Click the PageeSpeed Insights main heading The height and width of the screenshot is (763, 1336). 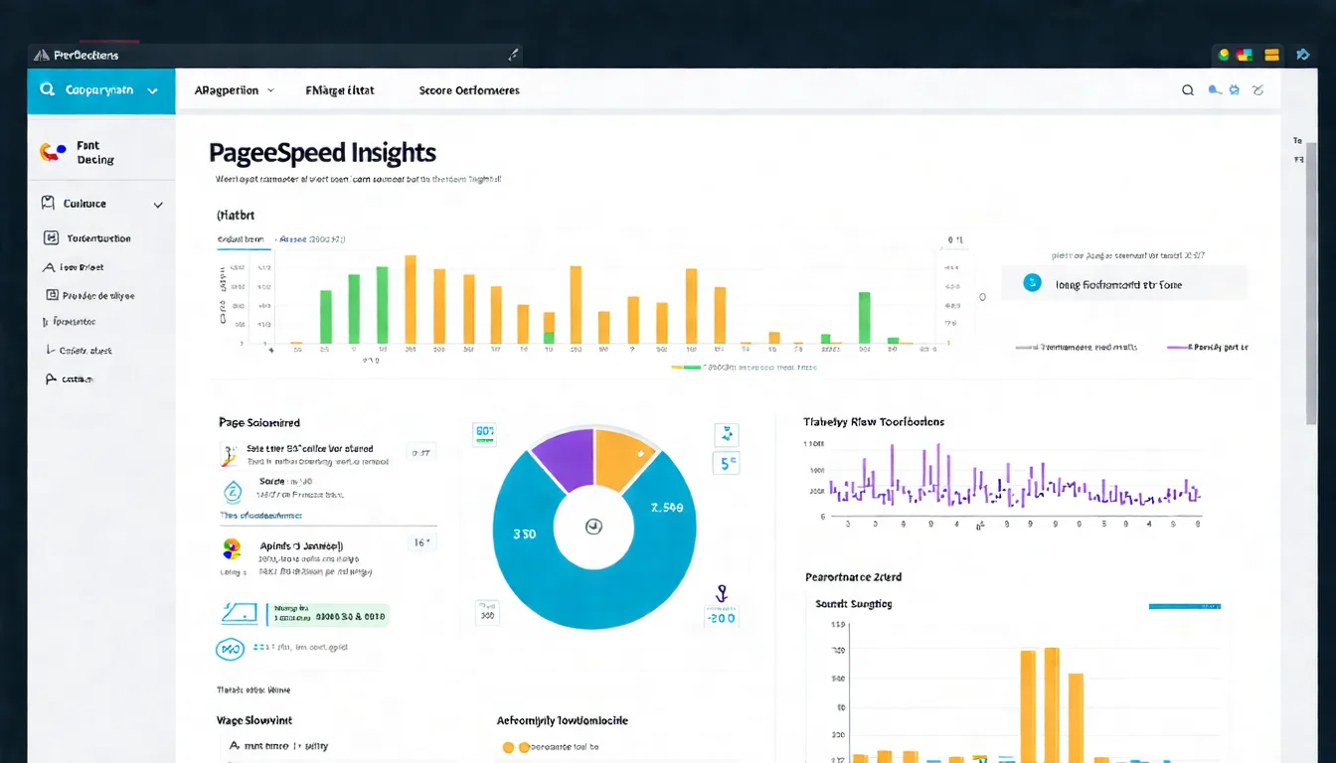tap(322, 153)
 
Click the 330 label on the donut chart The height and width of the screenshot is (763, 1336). tap(524, 534)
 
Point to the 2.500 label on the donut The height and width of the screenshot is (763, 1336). tap(666, 508)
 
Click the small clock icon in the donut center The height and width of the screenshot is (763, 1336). tap(593, 527)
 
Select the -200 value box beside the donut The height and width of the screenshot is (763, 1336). tap(721, 617)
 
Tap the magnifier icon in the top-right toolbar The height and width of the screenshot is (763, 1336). tap(1187, 90)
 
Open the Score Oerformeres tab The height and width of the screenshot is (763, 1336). tap(469, 90)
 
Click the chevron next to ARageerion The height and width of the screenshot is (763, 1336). tap(269, 90)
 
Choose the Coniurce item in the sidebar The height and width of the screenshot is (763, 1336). tap(84, 204)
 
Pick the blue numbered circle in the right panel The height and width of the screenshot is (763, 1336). tap(1032, 283)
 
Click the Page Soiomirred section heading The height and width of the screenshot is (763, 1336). tap(258, 422)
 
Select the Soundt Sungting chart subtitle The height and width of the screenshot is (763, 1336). tap(853, 604)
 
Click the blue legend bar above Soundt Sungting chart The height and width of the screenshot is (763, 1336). tap(1184, 605)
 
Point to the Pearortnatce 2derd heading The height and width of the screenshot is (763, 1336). tap(852, 577)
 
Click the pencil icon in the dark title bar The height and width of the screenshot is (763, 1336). tap(513, 55)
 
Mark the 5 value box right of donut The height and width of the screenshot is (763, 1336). tap(726, 463)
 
